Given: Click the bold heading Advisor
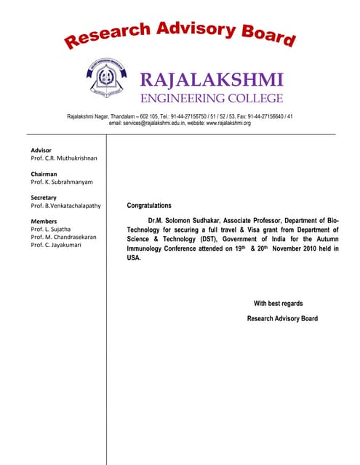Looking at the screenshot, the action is click(42, 150).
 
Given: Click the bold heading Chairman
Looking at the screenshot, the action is click(44, 174).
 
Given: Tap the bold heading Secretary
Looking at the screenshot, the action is click(44, 198).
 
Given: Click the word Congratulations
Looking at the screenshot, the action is click(149, 206).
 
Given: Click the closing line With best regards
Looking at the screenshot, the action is click(278, 304).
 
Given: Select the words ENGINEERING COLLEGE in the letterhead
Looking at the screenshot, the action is click(201, 98).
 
